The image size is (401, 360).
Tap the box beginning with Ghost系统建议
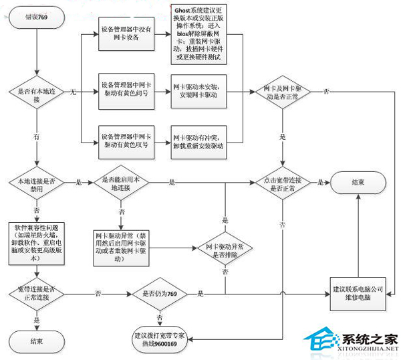click(198, 33)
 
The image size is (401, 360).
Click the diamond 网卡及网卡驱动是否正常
click(283, 92)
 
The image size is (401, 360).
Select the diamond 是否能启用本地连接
click(122, 182)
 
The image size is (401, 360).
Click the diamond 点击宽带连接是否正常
click(283, 182)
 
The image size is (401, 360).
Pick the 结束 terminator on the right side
click(359, 182)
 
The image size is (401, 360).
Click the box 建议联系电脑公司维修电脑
click(359, 294)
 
